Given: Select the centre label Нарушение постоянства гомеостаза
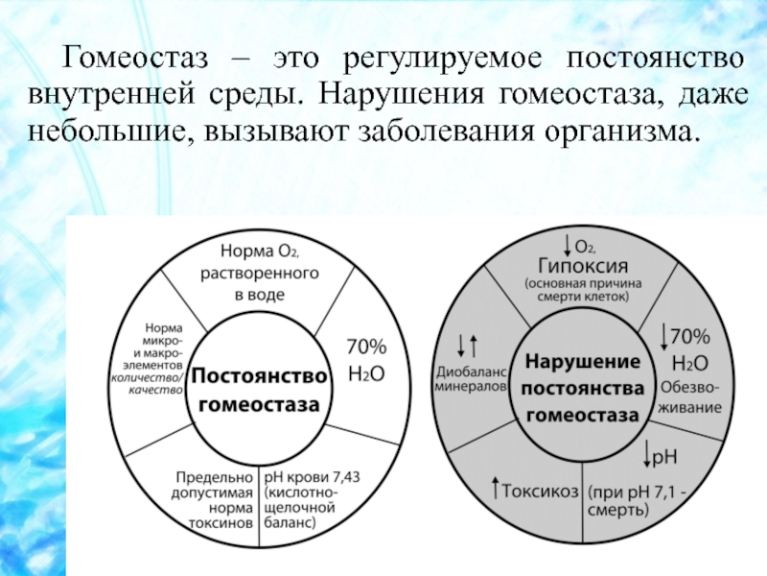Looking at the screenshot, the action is coord(582,388).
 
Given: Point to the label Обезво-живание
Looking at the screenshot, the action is coord(691,397).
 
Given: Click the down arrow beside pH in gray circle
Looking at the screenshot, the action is coord(647,451).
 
